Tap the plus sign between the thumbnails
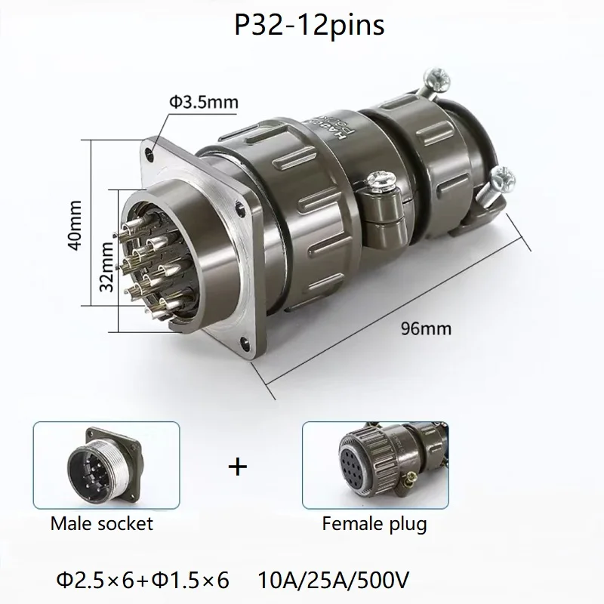[238, 467]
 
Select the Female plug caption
[374, 522]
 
